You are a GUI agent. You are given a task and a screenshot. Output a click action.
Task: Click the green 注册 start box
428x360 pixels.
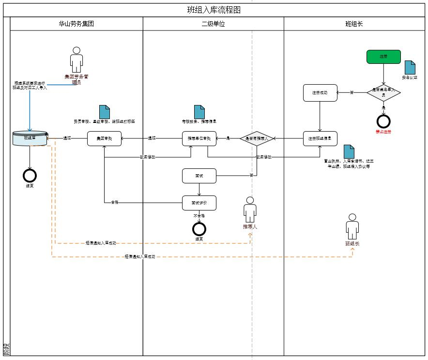tap(383, 57)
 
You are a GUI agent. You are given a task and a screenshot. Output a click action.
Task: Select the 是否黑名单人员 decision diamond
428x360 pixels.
tap(383, 92)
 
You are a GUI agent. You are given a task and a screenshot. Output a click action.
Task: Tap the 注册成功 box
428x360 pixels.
tap(320, 92)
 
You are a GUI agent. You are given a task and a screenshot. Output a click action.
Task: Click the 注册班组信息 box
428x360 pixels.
tap(320, 139)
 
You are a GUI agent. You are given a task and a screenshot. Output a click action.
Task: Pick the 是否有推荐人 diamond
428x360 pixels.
tap(257, 139)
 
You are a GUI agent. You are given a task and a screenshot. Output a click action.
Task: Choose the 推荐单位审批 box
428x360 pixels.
tap(199, 139)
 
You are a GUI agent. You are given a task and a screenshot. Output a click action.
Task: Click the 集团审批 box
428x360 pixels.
tap(104, 139)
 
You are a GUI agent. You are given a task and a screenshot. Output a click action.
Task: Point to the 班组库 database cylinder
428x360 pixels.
tap(30, 138)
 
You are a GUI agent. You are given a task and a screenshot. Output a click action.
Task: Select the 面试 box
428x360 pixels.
tap(199, 176)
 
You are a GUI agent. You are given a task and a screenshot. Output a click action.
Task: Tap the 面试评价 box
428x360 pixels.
tap(199, 203)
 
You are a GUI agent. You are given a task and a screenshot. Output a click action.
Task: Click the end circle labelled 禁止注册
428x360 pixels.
tap(383, 121)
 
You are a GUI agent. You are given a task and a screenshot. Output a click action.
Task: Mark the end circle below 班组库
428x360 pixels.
tap(30, 175)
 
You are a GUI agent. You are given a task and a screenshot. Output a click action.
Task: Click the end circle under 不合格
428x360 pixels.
tap(199, 229)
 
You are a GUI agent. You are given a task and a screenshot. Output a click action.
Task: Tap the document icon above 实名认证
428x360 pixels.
tap(410, 67)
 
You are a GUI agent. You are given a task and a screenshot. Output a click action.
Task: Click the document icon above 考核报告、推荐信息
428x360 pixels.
tap(199, 112)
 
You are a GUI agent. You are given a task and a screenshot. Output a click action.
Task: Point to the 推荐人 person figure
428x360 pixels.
tap(250, 210)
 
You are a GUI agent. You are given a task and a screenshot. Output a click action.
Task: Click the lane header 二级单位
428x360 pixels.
tap(213, 24)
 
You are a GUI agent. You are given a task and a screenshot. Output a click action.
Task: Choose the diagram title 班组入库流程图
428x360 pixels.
tap(214, 10)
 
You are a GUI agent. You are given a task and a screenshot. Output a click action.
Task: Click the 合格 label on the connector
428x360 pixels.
tap(114, 201)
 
